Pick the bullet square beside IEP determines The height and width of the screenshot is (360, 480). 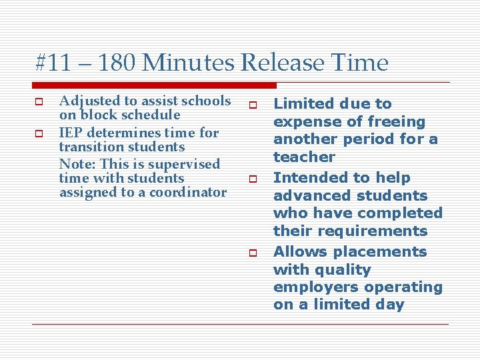(x=38, y=133)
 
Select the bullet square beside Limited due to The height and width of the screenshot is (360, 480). (x=253, y=105)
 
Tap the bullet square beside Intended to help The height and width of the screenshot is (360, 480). (x=253, y=179)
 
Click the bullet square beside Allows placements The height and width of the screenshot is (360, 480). (x=253, y=253)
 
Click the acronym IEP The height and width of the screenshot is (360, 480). (x=71, y=133)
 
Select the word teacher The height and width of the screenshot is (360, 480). (x=304, y=157)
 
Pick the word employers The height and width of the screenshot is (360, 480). (x=311, y=287)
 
